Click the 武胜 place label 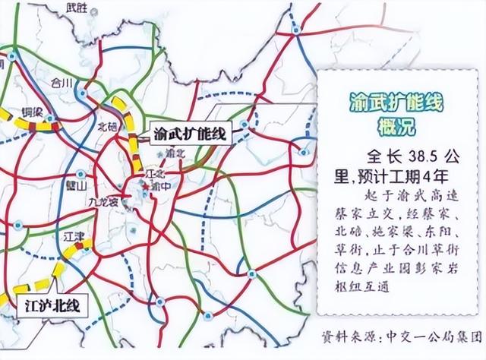(77, 8)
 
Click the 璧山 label (77, 185)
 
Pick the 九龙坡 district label (104, 203)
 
